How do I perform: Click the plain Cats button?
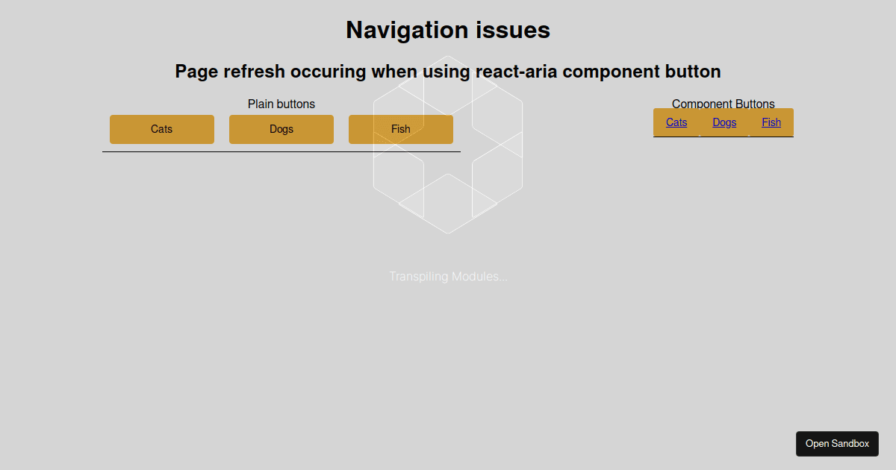[x=162, y=129]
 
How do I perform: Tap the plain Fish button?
[x=401, y=129]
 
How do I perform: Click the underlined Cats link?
[x=676, y=122]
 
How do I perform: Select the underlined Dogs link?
[x=724, y=122]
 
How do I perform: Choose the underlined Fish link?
[x=771, y=122]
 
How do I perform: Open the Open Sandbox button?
[x=837, y=444]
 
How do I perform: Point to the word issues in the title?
[x=513, y=31]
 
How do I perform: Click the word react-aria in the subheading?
[x=516, y=72]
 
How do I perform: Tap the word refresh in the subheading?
[x=254, y=72]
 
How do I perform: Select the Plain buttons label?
[x=281, y=104]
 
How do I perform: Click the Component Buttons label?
[x=724, y=104]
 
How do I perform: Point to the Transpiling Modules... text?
[x=449, y=277]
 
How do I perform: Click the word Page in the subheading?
[x=196, y=72]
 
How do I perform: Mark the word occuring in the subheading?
[x=328, y=72]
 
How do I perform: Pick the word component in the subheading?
[x=611, y=72]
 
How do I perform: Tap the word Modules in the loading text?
[x=477, y=277]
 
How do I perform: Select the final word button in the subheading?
[x=693, y=72]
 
